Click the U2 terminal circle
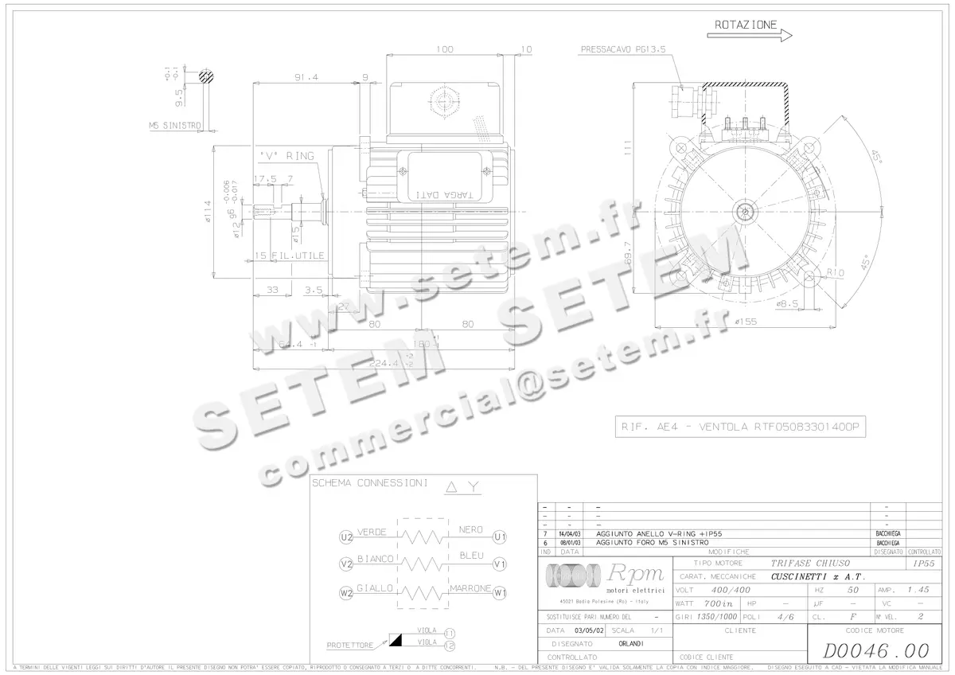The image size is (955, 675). [x=345, y=537]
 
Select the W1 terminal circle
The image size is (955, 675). [x=500, y=593]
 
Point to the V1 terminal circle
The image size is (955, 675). [x=500, y=564]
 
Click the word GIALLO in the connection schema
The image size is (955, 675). [x=375, y=588]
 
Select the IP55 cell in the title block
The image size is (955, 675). [x=924, y=563]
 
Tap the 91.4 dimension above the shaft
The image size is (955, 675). [x=306, y=77]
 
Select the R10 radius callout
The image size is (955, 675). [x=835, y=272]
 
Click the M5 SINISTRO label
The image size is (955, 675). [x=175, y=125]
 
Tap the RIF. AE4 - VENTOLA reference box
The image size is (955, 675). [x=740, y=427]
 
